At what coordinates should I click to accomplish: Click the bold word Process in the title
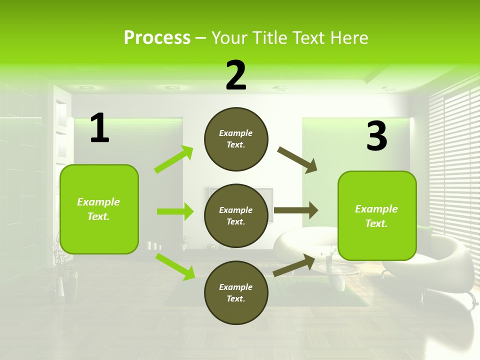tap(157, 37)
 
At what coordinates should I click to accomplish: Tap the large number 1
tap(99, 128)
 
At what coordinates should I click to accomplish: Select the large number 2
tap(236, 75)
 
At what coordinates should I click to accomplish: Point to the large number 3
tap(376, 136)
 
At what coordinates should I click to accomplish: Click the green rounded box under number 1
tap(99, 209)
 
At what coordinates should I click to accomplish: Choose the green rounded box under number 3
tap(377, 215)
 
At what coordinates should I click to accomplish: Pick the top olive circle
tap(236, 139)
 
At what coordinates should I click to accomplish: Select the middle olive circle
tap(236, 215)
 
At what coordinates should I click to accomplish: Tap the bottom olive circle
tap(236, 292)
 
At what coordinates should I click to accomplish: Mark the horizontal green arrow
tap(175, 211)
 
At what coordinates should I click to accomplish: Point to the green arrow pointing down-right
tap(175, 266)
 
